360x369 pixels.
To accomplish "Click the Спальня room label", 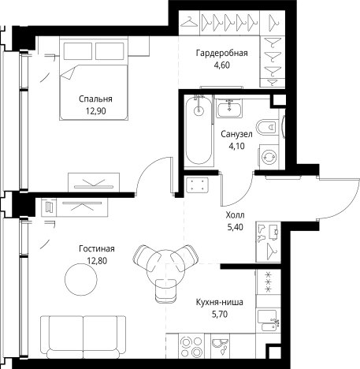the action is (95, 99).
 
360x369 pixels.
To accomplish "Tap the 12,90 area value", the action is (96, 111).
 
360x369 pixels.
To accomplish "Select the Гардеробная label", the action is (222, 53).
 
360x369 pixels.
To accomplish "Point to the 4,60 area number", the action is (222, 65).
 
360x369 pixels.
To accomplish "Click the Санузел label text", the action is (236, 134).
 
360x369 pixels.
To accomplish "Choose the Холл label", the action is (235, 215).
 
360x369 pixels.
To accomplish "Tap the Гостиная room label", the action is (97, 248).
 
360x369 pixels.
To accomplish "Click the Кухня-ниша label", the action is (220, 302).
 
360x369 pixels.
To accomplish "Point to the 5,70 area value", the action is (220, 314).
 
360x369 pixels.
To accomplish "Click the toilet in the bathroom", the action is (267, 128).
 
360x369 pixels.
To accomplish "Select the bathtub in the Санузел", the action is (199, 130).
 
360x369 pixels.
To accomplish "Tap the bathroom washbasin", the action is (229, 110).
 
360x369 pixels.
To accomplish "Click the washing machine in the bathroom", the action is (269, 157).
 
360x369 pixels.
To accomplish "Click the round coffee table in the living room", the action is (81, 279).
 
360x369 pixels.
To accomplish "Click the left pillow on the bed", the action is (78, 51).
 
